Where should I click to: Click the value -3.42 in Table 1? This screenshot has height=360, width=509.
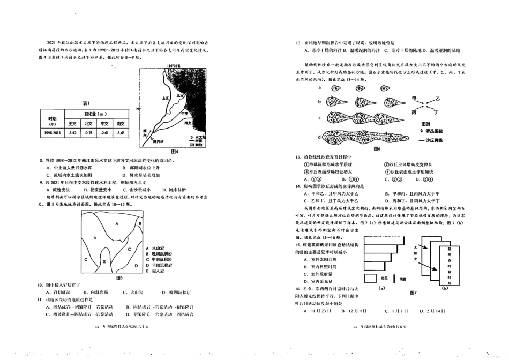point(73,132)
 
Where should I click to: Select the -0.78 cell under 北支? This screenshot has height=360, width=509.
point(89,132)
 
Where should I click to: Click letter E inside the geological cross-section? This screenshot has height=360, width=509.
point(104,261)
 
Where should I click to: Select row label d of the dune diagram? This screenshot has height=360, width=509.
point(319,137)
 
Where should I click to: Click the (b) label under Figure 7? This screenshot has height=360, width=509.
point(444,288)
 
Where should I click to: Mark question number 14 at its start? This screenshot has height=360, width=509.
point(297,185)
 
